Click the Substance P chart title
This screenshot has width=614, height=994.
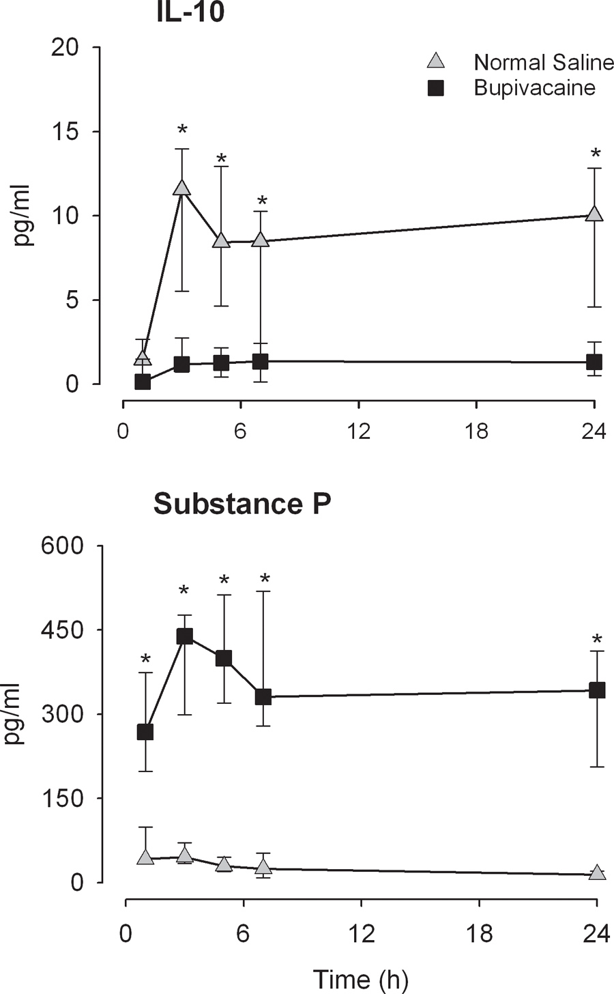click(x=242, y=504)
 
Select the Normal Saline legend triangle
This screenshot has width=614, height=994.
click(x=435, y=62)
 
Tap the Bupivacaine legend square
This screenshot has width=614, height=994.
click(x=435, y=88)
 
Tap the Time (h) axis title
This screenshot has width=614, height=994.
click(x=360, y=979)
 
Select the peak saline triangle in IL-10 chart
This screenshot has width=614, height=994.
click(x=181, y=188)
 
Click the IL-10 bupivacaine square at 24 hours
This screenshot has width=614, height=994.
click(x=594, y=362)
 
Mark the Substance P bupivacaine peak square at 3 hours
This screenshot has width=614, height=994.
click(x=184, y=636)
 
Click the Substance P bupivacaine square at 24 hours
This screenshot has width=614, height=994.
click(x=597, y=690)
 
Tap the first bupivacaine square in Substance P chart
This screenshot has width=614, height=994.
click(x=145, y=732)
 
